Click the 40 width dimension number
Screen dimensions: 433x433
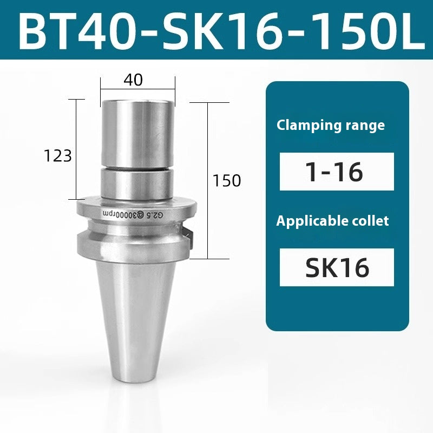point(133,80)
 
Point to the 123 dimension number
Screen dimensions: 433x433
point(58,156)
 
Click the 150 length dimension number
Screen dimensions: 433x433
point(227,181)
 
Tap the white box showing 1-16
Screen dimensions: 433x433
point(337,172)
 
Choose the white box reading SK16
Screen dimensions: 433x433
point(337,267)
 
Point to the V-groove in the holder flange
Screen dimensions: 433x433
point(135,226)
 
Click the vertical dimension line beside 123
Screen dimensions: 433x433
point(81,124)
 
